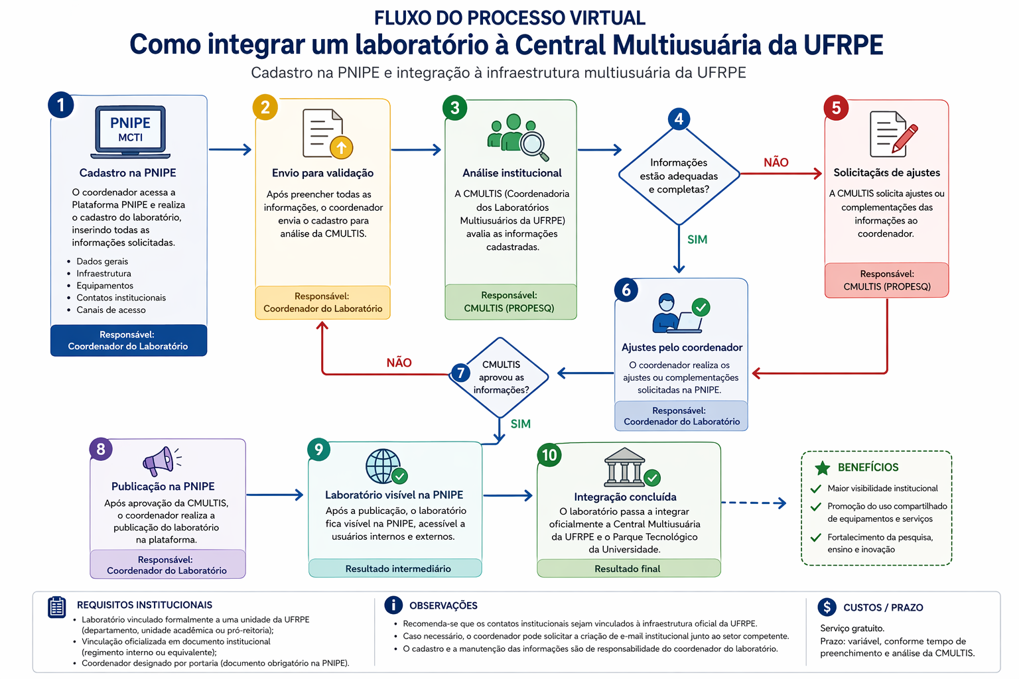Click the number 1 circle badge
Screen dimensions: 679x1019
pos(61,105)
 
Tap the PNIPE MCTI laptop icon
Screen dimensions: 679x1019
pos(130,131)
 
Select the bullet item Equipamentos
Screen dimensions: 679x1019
pos(105,286)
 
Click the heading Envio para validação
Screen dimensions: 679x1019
pos(322,173)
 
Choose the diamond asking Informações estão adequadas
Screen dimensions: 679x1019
pos(679,176)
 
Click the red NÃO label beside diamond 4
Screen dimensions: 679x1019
pos(776,162)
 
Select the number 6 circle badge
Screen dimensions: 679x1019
pos(626,290)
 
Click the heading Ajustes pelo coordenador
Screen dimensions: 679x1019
pos(681,347)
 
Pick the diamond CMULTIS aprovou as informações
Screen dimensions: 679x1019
pos(500,377)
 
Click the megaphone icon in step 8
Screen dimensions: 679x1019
pos(159,460)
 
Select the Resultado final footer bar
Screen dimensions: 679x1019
pos(628,569)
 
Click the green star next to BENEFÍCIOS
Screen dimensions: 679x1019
pos(822,468)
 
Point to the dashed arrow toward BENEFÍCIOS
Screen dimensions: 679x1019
pos(753,503)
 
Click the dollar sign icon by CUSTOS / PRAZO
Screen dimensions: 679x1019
pos(827,607)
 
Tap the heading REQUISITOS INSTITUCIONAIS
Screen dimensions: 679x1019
pos(145,605)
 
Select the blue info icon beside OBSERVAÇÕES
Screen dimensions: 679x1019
pos(393,605)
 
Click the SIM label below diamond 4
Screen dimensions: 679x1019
pos(697,239)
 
